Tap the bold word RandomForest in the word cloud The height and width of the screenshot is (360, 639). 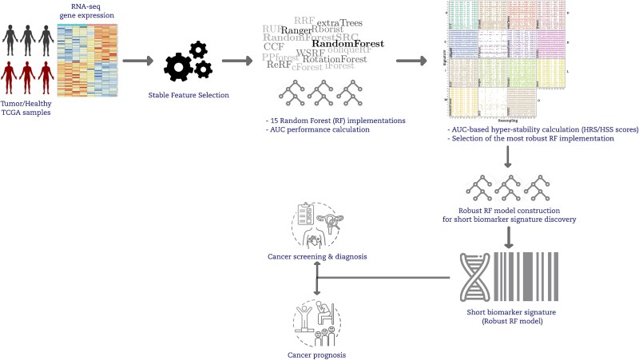(348, 44)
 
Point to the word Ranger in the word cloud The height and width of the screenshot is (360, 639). (295, 30)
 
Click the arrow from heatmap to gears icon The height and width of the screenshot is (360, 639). (137, 60)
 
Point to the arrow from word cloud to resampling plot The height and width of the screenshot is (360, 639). (411, 60)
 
